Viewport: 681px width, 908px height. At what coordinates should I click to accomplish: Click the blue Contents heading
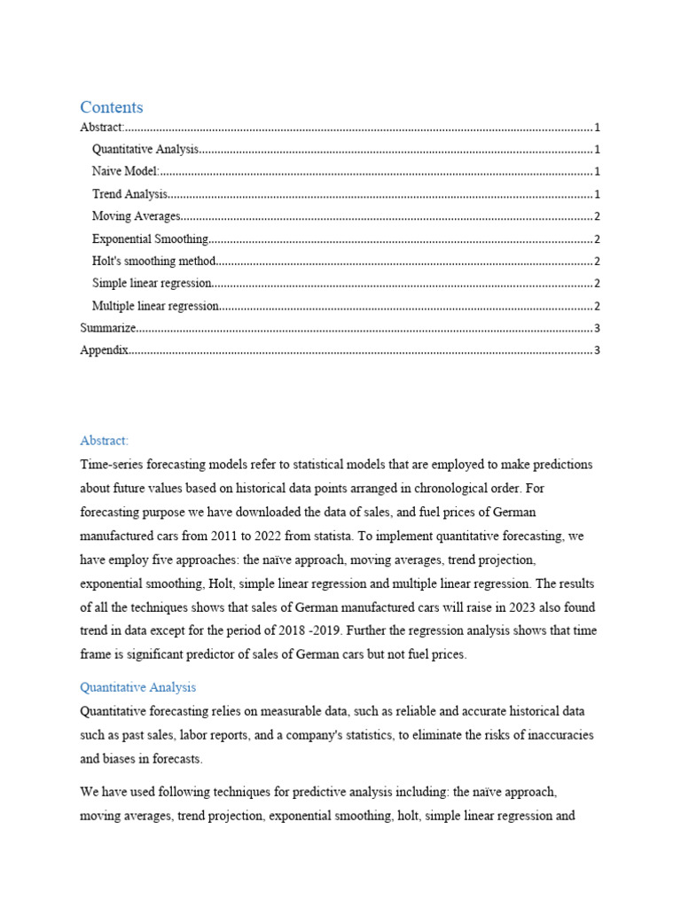coord(111,107)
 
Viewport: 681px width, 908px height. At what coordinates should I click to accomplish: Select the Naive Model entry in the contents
coord(125,172)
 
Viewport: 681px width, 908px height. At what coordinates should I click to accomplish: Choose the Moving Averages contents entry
coord(136,216)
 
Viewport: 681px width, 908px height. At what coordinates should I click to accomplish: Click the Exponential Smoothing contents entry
coord(150,239)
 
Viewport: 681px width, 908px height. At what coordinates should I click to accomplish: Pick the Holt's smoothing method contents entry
coord(153,262)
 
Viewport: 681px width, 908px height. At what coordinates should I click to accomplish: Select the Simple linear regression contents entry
coord(152,284)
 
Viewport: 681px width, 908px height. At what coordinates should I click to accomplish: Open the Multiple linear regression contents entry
coord(155,306)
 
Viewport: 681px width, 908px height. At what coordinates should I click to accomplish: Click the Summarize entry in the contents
coord(108,328)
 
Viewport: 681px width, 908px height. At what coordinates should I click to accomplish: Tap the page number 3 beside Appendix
coord(598,350)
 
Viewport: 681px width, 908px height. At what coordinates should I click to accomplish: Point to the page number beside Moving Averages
coord(598,216)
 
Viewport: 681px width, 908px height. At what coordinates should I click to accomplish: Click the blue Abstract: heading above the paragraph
coord(104,441)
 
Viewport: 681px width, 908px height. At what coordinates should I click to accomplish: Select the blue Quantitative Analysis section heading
coord(137,687)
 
